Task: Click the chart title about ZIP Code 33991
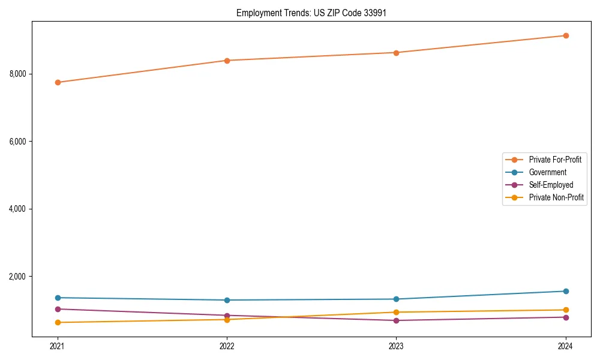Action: [307, 13]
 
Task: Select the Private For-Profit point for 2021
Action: [58, 82]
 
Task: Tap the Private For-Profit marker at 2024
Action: [565, 35]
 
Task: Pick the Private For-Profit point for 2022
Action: [227, 61]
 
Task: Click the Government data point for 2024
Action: [565, 291]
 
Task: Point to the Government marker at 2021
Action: [58, 298]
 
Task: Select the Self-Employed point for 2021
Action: [58, 309]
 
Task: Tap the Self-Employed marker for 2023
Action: [396, 320]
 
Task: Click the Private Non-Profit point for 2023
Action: [396, 312]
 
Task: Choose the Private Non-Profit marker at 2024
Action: [565, 310]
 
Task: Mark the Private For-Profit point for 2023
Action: [396, 53]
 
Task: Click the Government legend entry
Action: [547, 172]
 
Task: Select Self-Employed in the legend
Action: [551, 185]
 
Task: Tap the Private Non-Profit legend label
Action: [556, 197]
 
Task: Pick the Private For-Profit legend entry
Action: [555, 160]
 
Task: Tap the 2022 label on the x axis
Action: [227, 346]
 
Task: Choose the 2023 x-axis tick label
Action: [396, 346]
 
